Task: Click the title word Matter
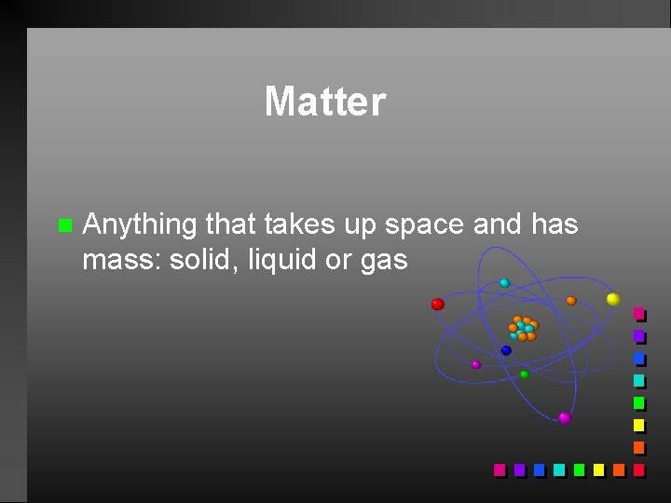click(324, 102)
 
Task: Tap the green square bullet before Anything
click(63, 225)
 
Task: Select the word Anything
click(140, 225)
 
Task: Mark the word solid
click(202, 260)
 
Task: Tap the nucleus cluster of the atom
click(522, 328)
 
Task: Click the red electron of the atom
click(437, 304)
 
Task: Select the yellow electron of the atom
click(612, 299)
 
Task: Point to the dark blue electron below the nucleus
click(506, 351)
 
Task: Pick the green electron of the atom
click(524, 374)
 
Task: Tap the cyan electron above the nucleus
click(504, 282)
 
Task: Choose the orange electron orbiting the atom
click(571, 301)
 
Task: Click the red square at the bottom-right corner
click(638, 469)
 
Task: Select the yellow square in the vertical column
click(638, 425)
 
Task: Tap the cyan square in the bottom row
click(558, 469)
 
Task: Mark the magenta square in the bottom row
click(499, 469)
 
